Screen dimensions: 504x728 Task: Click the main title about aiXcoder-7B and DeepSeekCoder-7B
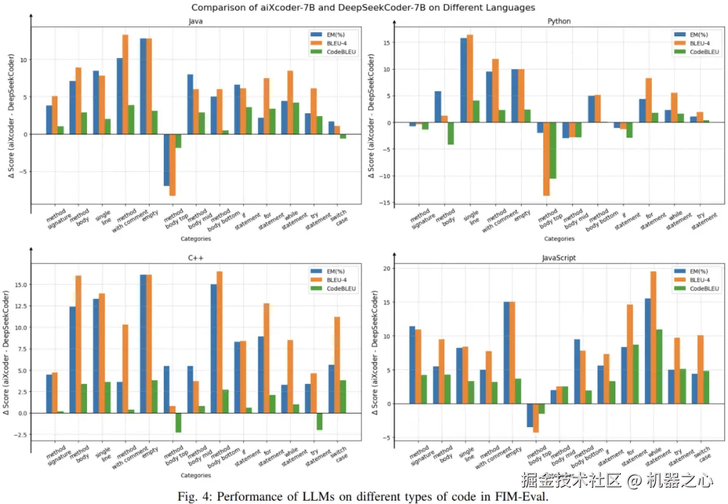click(363, 7)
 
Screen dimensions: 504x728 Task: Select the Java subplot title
click(196, 21)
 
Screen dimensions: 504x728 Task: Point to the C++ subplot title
click(196, 257)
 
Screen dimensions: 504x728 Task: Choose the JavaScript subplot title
click(559, 258)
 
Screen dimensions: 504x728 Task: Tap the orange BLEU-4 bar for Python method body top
click(547, 159)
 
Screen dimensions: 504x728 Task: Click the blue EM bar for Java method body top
click(166, 160)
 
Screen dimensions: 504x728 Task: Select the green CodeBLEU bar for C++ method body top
click(178, 422)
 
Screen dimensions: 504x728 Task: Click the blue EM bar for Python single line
click(464, 80)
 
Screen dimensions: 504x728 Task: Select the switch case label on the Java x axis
click(342, 220)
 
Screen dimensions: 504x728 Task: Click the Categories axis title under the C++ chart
click(196, 476)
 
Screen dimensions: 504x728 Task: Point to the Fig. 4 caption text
click(363, 497)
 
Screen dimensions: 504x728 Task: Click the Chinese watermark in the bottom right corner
click(617, 480)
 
